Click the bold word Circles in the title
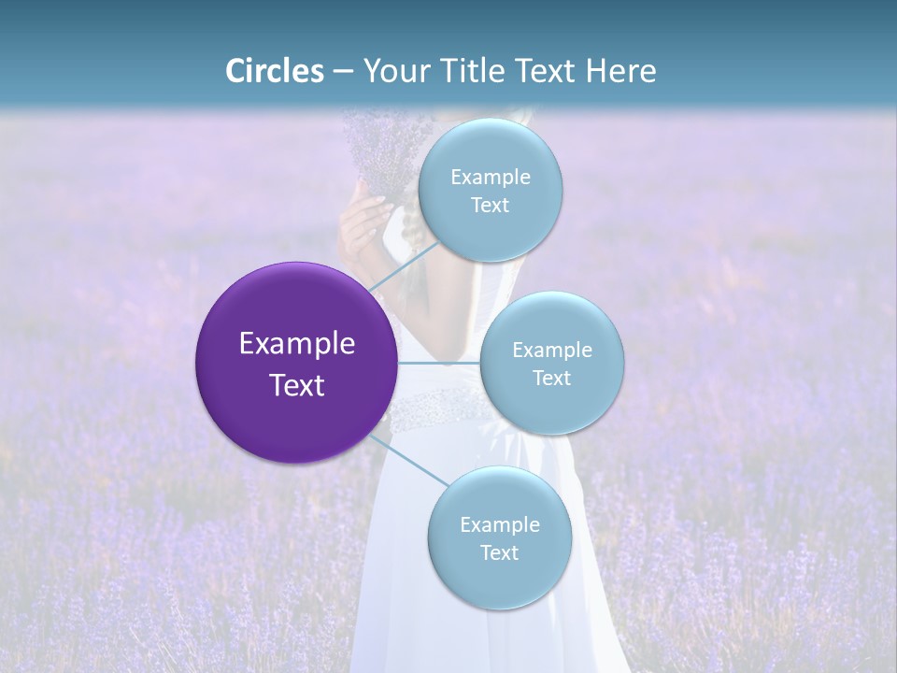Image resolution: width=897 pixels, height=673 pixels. (x=274, y=71)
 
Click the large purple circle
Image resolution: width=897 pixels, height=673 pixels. (x=296, y=363)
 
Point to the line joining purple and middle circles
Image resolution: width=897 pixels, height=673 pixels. (x=439, y=363)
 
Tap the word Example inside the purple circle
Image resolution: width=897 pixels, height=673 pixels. (x=297, y=343)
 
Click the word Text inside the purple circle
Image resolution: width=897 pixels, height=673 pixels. (x=297, y=384)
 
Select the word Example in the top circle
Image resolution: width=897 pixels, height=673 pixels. (x=490, y=177)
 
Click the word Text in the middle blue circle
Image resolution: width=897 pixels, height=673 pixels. (x=551, y=378)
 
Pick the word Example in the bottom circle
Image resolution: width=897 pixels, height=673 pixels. (x=499, y=524)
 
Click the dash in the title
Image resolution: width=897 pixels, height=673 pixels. (x=343, y=71)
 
